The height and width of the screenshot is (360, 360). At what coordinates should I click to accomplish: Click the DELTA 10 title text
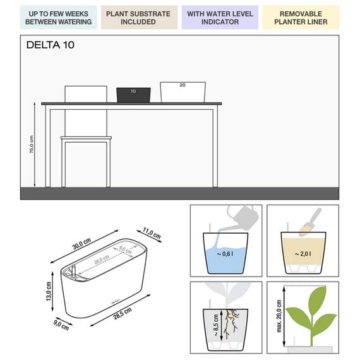click(x=51, y=45)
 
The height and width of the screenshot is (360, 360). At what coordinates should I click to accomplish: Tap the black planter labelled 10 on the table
click(x=133, y=95)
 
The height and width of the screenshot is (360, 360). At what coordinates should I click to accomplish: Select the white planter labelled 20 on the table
click(x=183, y=92)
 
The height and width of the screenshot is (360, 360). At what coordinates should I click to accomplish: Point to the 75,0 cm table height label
click(x=32, y=144)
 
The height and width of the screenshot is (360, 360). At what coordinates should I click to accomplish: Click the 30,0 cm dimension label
click(x=81, y=244)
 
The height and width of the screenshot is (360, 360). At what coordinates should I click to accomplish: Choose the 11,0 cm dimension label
click(x=152, y=233)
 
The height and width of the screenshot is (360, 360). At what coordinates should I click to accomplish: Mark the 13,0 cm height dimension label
click(x=49, y=291)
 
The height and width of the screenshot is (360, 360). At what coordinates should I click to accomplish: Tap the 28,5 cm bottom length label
click(x=123, y=313)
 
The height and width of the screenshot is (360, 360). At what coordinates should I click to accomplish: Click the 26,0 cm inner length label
click(x=102, y=260)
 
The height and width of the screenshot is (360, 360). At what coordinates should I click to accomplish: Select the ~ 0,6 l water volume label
click(x=225, y=254)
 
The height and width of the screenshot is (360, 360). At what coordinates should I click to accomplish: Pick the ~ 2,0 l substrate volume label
click(x=303, y=254)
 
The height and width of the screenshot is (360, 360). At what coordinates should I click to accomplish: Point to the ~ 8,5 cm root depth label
click(x=216, y=325)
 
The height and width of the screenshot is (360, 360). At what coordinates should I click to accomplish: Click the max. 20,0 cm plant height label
click(x=279, y=316)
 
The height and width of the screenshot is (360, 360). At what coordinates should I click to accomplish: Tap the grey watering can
click(x=241, y=218)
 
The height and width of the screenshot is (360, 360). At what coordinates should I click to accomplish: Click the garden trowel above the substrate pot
click(x=310, y=222)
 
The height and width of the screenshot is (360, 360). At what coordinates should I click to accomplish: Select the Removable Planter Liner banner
click(x=301, y=18)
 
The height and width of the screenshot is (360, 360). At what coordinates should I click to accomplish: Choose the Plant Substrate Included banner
click(x=138, y=18)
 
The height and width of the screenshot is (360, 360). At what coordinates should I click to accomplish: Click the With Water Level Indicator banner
click(x=220, y=18)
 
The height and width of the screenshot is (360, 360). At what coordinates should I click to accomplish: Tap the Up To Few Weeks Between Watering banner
click(x=58, y=18)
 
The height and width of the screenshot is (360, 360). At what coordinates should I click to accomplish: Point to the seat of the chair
click(x=86, y=138)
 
